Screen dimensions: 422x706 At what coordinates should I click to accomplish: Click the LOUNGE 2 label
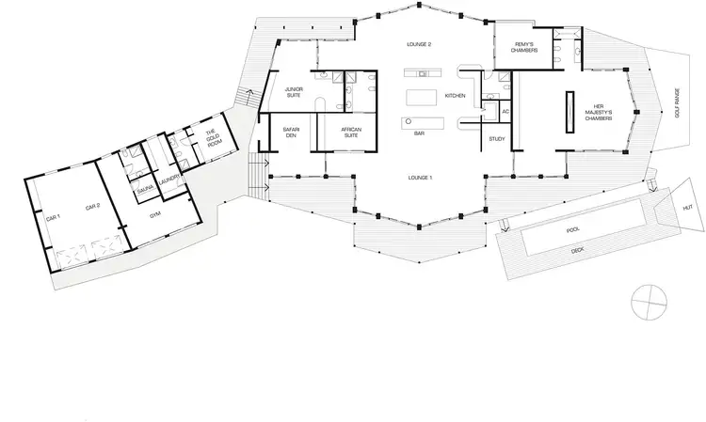(x=417, y=44)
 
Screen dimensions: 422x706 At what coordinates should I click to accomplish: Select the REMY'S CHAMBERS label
(x=524, y=46)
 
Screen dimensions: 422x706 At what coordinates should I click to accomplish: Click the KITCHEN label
(x=456, y=97)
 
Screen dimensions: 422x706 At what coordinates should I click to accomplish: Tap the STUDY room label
(x=497, y=139)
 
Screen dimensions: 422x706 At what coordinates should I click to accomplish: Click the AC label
(x=505, y=112)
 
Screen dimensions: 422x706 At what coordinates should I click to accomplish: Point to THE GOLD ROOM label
(x=212, y=139)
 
